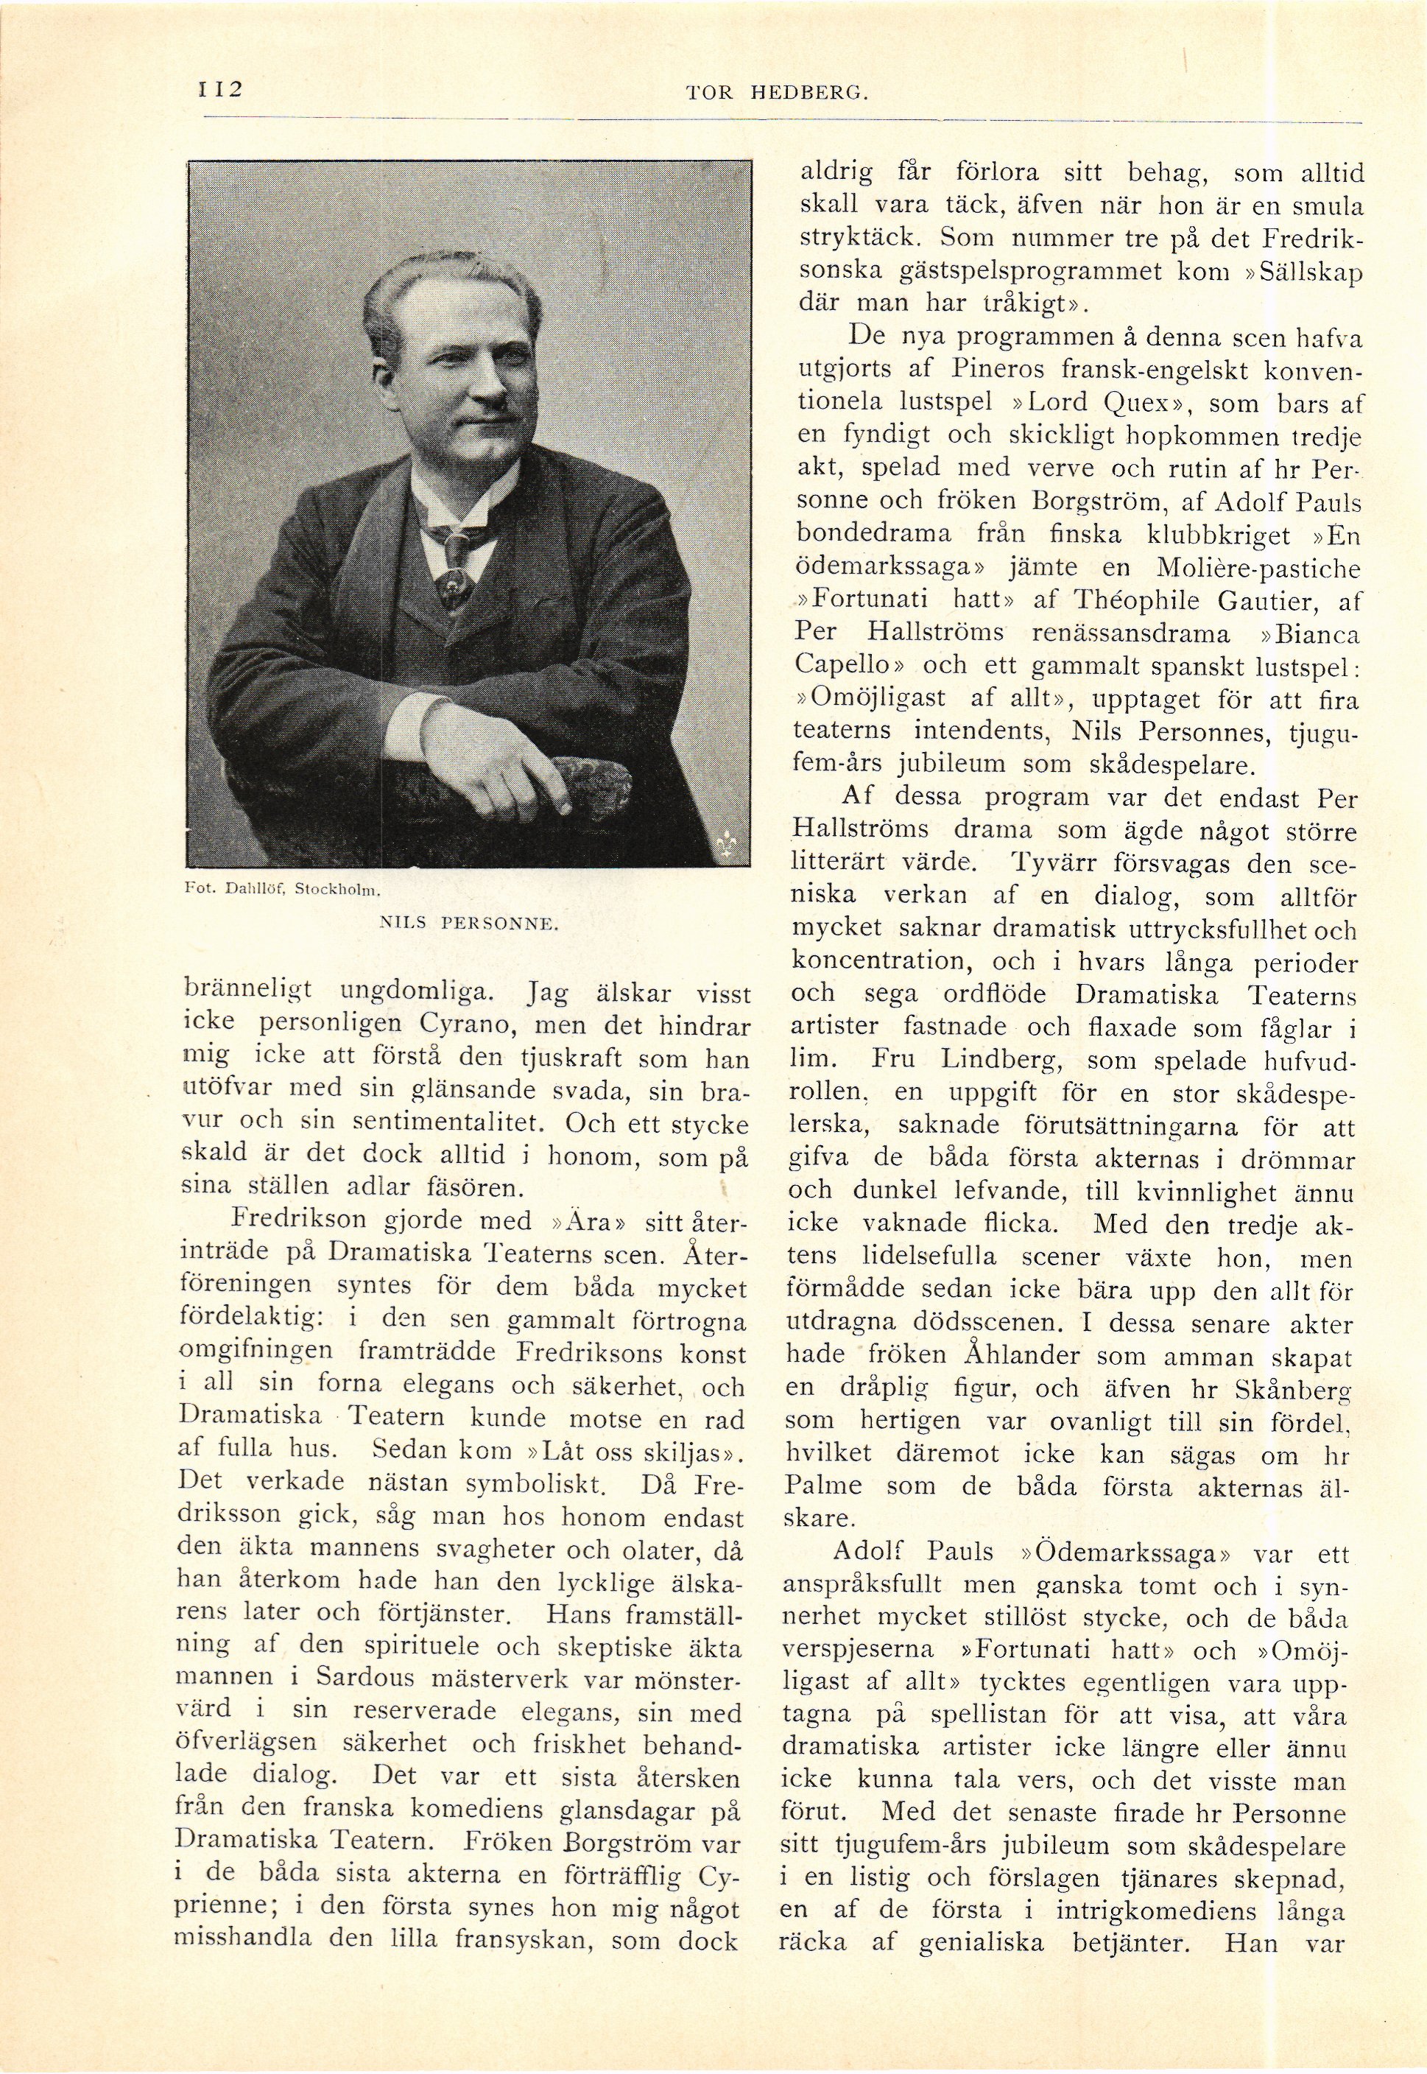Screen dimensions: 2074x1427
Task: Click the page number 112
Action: tap(220, 91)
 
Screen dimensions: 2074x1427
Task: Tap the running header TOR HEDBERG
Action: tap(776, 92)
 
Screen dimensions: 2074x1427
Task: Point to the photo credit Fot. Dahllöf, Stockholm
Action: tap(281, 890)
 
